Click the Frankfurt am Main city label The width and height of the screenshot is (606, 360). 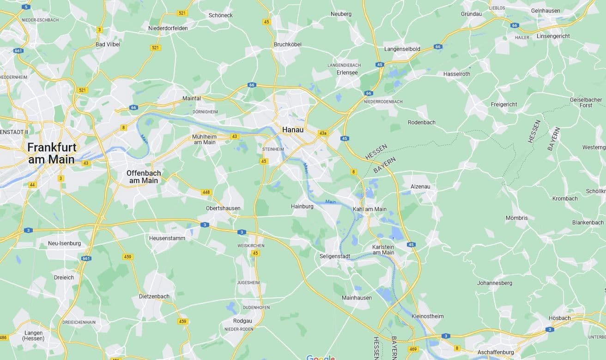point(51,153)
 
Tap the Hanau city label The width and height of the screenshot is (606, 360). point(293,130)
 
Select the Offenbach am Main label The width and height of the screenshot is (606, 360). point(144,177)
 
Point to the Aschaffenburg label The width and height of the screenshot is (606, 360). point(496,352)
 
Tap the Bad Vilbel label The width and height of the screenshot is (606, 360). point(108,44)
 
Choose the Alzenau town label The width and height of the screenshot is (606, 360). point(420,186)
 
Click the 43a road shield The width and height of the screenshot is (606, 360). point(323,133)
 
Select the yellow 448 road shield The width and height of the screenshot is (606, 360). point(206,192)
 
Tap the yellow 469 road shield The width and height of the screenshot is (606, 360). point(413,349)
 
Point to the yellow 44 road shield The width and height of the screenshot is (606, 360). point(32,185)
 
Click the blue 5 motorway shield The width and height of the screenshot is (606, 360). point(26,6)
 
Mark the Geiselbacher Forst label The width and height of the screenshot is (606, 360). point(586,102)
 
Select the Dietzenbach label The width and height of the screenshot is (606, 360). point(154,296)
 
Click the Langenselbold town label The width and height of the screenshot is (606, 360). point(402,49)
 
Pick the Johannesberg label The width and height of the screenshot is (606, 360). point(495,282)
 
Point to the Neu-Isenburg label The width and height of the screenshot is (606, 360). point(64,243)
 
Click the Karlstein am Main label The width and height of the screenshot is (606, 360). point(383,250)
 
